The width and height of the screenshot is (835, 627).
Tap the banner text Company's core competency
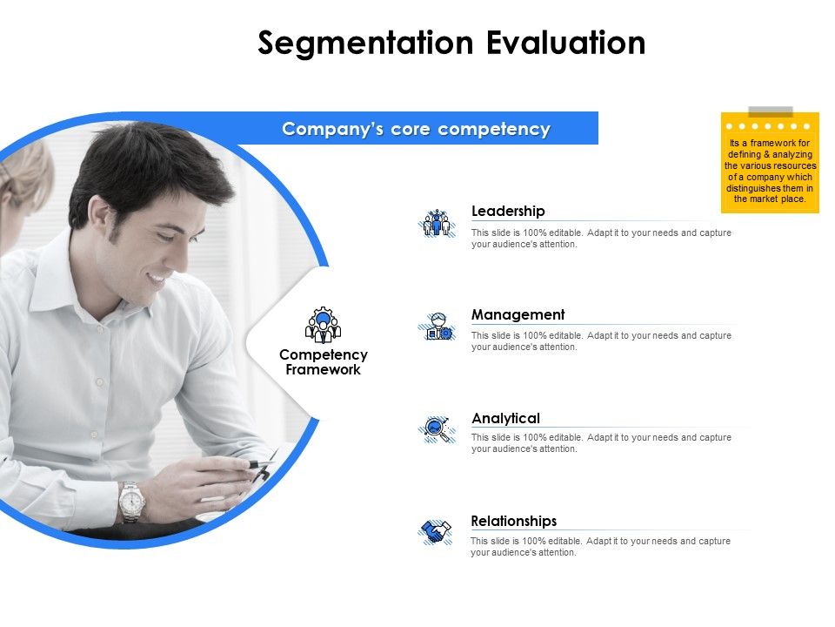point(416,129)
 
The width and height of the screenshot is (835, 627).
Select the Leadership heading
point(508,211)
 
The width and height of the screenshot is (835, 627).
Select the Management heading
point(518,314)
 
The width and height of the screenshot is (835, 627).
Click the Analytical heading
point(505,418)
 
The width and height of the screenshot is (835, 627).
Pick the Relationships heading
point(513,521)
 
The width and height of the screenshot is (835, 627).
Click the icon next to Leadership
point(437,223)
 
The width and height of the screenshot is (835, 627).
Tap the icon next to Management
point(437,327)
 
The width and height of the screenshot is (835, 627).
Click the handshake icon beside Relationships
point(436,531)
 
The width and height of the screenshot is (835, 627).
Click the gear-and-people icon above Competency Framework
point(324,325)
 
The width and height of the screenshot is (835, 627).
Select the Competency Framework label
point(324,361)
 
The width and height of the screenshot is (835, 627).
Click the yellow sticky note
point(770,165)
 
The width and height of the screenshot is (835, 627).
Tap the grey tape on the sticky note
point(771,111)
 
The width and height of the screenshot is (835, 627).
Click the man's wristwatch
point(131,501)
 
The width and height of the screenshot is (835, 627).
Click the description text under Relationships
point(600,546)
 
